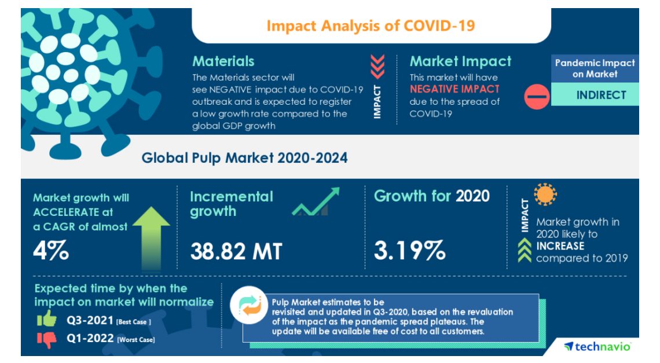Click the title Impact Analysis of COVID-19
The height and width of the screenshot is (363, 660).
371,26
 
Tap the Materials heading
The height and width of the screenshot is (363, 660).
223,61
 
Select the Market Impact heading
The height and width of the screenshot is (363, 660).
460,61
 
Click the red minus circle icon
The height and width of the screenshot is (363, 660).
537,96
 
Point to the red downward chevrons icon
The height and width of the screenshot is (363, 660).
377,67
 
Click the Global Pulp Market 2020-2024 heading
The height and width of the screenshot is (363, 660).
244,157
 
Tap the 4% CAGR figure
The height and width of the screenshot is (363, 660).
52,251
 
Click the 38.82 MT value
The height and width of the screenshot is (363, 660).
236,251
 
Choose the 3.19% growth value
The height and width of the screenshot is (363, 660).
409,251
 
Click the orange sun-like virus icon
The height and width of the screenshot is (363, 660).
545,195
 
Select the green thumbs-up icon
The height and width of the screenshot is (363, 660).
46,319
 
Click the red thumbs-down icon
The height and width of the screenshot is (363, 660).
46,339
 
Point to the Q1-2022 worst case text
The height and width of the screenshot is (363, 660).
109,339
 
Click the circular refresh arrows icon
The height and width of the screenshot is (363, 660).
247,307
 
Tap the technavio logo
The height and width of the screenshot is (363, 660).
597,346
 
